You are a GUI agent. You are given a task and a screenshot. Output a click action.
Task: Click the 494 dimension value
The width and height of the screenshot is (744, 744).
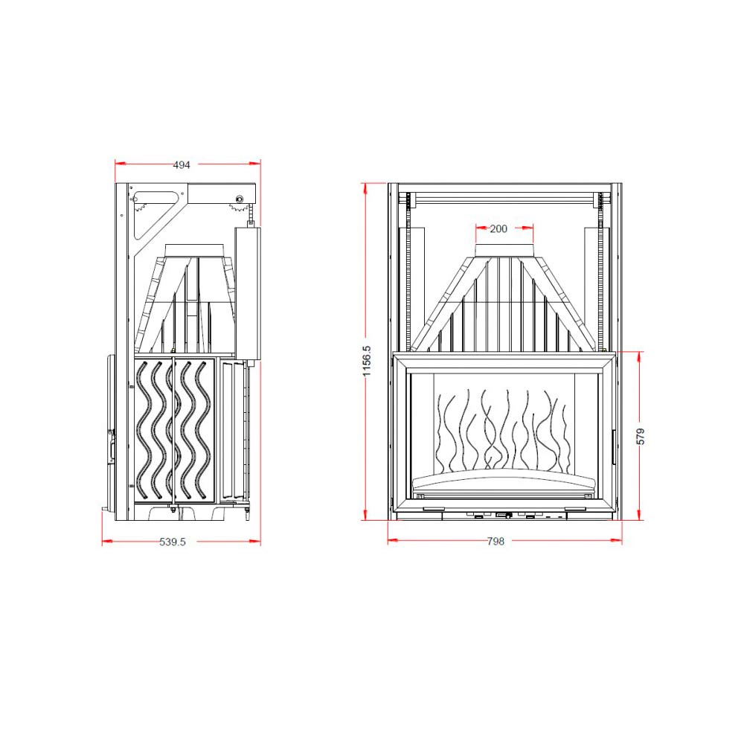pos(182,164)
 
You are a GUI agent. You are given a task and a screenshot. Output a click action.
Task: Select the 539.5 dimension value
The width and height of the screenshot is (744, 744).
pos(173,542)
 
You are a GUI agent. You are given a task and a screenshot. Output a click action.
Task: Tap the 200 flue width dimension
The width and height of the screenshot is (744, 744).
pos(498,228)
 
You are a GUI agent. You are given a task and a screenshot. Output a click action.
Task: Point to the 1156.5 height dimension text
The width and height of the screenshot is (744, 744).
pos(367,361)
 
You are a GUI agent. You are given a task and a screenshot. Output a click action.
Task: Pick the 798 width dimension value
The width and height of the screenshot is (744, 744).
pos(496,542)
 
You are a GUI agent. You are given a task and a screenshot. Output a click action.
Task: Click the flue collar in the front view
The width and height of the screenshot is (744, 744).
pos(504,251)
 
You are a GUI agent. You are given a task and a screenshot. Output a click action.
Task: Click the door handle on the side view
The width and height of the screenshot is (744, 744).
pos(112,446)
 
